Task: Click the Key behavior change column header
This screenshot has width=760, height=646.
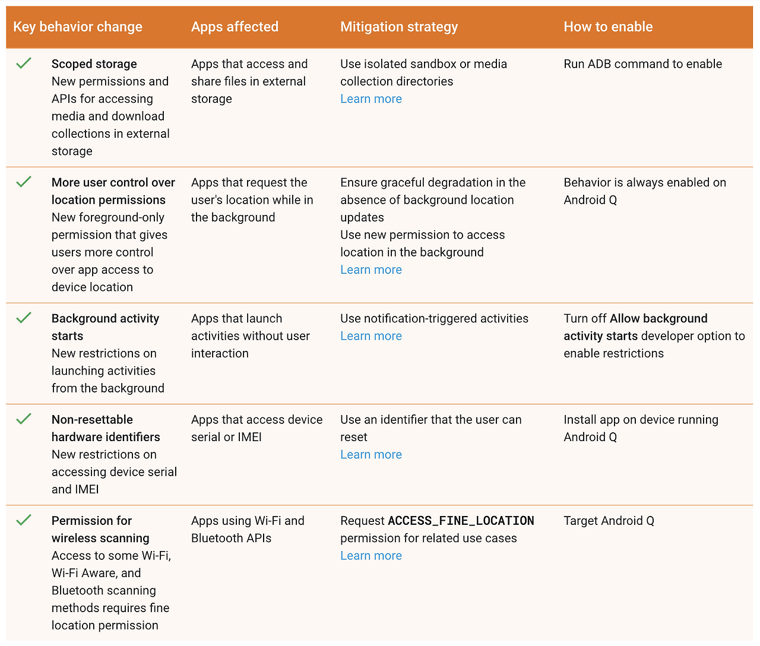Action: (78, 27)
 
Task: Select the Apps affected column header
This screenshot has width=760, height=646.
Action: (235, 27)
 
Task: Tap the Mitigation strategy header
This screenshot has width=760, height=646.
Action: (399, 27)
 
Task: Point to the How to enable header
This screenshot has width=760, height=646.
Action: (608, 27)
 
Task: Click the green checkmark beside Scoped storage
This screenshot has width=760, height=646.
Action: (24, 63)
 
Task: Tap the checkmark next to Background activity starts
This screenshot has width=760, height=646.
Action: (24, 318)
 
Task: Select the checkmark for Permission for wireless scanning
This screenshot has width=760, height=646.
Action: (24, 520)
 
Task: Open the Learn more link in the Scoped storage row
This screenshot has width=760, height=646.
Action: (371, 99)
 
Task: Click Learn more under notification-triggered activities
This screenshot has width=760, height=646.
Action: (371, 336)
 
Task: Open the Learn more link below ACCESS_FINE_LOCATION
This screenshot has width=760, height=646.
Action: (371, 556)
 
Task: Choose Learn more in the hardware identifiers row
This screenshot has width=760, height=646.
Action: (371, 455)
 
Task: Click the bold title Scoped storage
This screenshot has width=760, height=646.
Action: (94, 64)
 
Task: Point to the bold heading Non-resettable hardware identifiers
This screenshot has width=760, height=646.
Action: (106, 428)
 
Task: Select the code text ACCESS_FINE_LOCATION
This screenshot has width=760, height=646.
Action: (461, 521)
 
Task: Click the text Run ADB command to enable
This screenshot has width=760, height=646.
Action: (642, 64)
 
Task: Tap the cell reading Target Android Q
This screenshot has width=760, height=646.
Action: (609, 521)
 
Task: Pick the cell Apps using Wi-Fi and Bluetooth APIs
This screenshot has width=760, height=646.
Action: (248, 530)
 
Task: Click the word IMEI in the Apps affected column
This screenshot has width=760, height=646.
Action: (249, 437)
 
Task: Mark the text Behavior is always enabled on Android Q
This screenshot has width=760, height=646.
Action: (644, 191)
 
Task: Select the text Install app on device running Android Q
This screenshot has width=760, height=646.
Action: (641, 428)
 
